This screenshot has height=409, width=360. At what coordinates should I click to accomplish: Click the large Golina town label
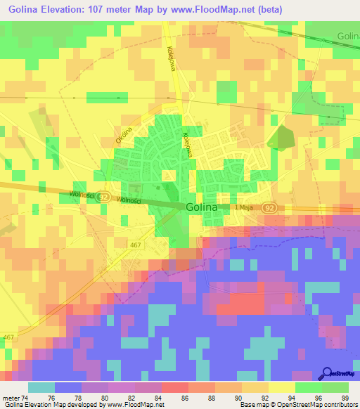pos(207,207)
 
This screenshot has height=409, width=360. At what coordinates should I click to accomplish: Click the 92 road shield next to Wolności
pos(103,197)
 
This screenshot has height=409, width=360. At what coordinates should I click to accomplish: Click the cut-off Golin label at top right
pos(347,36)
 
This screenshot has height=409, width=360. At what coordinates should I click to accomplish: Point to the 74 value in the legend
pos(25,398)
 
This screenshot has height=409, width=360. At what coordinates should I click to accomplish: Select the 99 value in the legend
pos(344,398)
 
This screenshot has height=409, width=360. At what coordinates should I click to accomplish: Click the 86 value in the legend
pos(185,398)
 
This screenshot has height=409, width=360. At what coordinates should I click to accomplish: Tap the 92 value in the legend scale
pos(264,398)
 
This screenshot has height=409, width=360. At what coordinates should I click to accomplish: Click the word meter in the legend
pos(10,398)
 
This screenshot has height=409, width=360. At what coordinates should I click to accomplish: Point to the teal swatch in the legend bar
pos(41,387)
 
